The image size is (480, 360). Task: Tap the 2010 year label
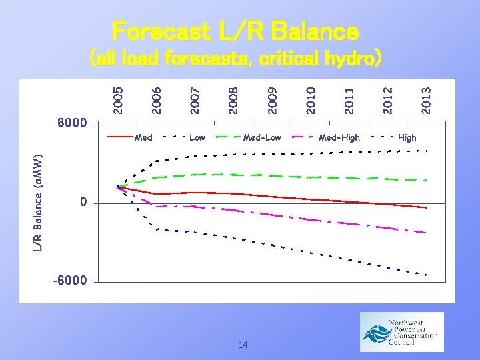[311, 99]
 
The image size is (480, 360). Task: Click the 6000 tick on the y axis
[72, 123]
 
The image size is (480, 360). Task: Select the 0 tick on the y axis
[83, 202]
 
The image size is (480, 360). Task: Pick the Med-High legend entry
[339, 137]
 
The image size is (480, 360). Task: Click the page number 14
[243, 345]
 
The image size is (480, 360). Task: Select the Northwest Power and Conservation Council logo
[401, 332]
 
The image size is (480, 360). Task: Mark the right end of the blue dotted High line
[425, 275]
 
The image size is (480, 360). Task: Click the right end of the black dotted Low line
[425, 151]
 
